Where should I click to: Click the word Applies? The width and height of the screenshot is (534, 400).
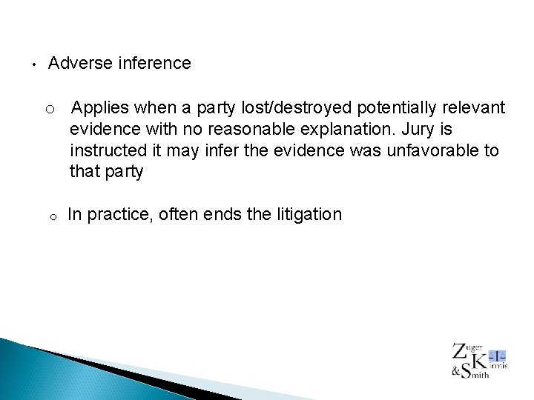point(100,108)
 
